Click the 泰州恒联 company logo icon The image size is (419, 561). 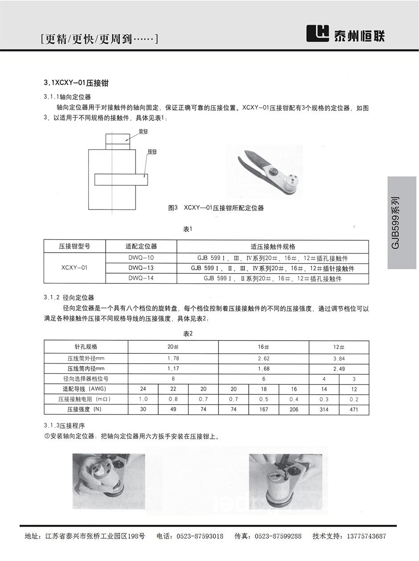(317, 33)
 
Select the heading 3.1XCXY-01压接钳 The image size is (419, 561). (76, 83)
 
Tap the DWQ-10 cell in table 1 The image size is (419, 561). (141, 258)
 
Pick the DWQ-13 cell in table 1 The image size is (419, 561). (141, 268)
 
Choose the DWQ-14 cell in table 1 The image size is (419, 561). (141, 278)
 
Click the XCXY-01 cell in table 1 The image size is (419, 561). (74, 268)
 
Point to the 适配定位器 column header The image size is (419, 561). (141, 246)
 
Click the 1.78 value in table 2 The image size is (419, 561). (173, 358)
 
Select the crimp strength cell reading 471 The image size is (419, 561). (354, 409)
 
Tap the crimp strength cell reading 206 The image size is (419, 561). (294, 409)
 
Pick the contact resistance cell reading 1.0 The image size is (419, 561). (143, 399)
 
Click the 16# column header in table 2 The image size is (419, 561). (263, 347)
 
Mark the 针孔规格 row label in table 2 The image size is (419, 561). (86, 347)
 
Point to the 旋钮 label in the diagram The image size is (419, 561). (143, 131)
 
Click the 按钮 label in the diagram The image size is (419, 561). (152, 152)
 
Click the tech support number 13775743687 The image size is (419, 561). (362, 536)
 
